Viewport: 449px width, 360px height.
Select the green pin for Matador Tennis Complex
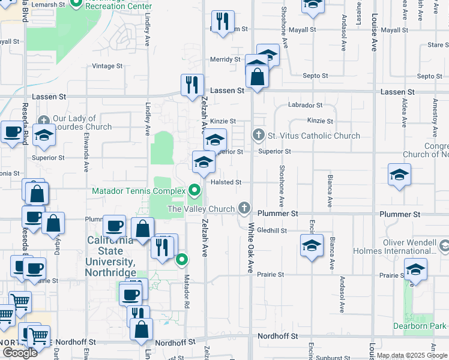194,191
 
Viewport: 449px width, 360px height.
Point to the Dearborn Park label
420,326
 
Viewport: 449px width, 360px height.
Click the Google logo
20,353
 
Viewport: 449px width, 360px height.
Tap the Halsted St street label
226,182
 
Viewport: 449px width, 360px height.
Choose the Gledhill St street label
272,230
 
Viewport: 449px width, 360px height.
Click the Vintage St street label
107,66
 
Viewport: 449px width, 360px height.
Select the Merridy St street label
225,59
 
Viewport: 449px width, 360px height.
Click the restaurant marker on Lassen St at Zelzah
192,85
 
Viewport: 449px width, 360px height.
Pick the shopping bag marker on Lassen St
257,77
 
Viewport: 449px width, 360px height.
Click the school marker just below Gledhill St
311,245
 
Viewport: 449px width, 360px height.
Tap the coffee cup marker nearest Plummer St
114,226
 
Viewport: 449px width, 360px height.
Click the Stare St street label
435,45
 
